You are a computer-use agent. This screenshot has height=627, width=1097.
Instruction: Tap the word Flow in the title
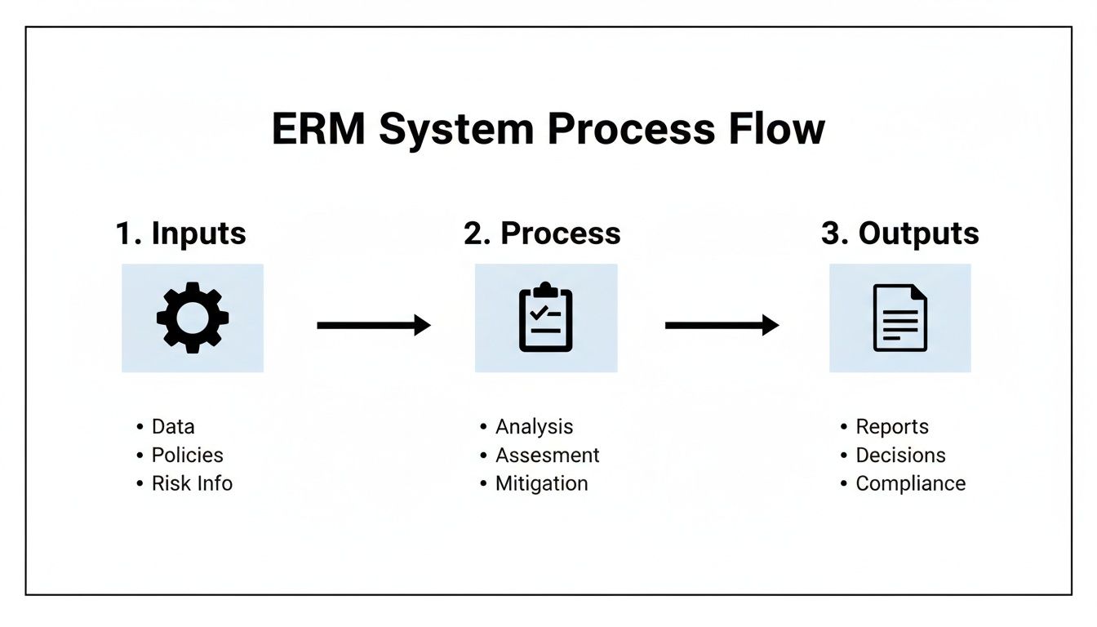775,129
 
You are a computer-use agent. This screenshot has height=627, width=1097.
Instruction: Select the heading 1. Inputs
180,233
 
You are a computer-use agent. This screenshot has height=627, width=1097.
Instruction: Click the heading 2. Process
542,233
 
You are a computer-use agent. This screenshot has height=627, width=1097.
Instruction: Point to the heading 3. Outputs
899,233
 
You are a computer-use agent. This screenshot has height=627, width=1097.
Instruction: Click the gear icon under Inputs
193,318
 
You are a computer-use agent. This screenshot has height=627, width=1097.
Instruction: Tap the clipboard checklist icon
546,318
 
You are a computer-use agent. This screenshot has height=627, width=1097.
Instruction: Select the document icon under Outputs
899,318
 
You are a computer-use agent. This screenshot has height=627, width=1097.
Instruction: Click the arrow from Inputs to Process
373,326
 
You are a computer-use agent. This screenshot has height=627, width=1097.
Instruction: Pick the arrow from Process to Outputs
722,326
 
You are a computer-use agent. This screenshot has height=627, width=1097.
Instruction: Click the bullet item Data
173,427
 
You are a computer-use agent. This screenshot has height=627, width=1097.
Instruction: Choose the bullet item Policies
187,456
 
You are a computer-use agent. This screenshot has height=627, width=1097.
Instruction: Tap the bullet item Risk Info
192,483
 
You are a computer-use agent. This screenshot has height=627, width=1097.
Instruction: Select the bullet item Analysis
534,427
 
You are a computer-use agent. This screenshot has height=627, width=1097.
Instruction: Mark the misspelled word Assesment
547,456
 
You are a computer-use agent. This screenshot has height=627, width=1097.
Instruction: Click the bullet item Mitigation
541,483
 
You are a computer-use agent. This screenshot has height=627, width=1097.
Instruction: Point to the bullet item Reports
891,427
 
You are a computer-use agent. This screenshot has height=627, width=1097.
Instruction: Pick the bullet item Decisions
900,456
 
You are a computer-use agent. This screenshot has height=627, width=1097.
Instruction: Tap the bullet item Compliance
910,483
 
